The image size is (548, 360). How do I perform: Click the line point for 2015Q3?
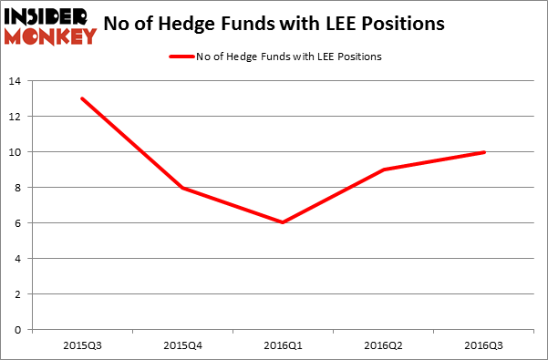(82, 98)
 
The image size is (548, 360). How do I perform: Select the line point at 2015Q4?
(183, 188)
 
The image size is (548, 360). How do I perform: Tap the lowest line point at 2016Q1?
(284, 222)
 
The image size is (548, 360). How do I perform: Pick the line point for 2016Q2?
(385, 170)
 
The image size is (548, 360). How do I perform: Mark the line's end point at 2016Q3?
(484, 152)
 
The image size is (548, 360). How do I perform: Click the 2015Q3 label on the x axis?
(82, 347)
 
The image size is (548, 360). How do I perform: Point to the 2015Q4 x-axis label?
(183, 347)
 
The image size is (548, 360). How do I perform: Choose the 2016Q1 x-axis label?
(284, 347)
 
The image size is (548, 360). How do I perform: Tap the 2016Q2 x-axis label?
(385, 347)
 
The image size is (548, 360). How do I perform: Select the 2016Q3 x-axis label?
(485, 347)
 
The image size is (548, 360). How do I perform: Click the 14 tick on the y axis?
(16, 81)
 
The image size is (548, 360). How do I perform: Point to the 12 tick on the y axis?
(16, 117)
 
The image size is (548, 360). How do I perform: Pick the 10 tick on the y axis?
(16, 152)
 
